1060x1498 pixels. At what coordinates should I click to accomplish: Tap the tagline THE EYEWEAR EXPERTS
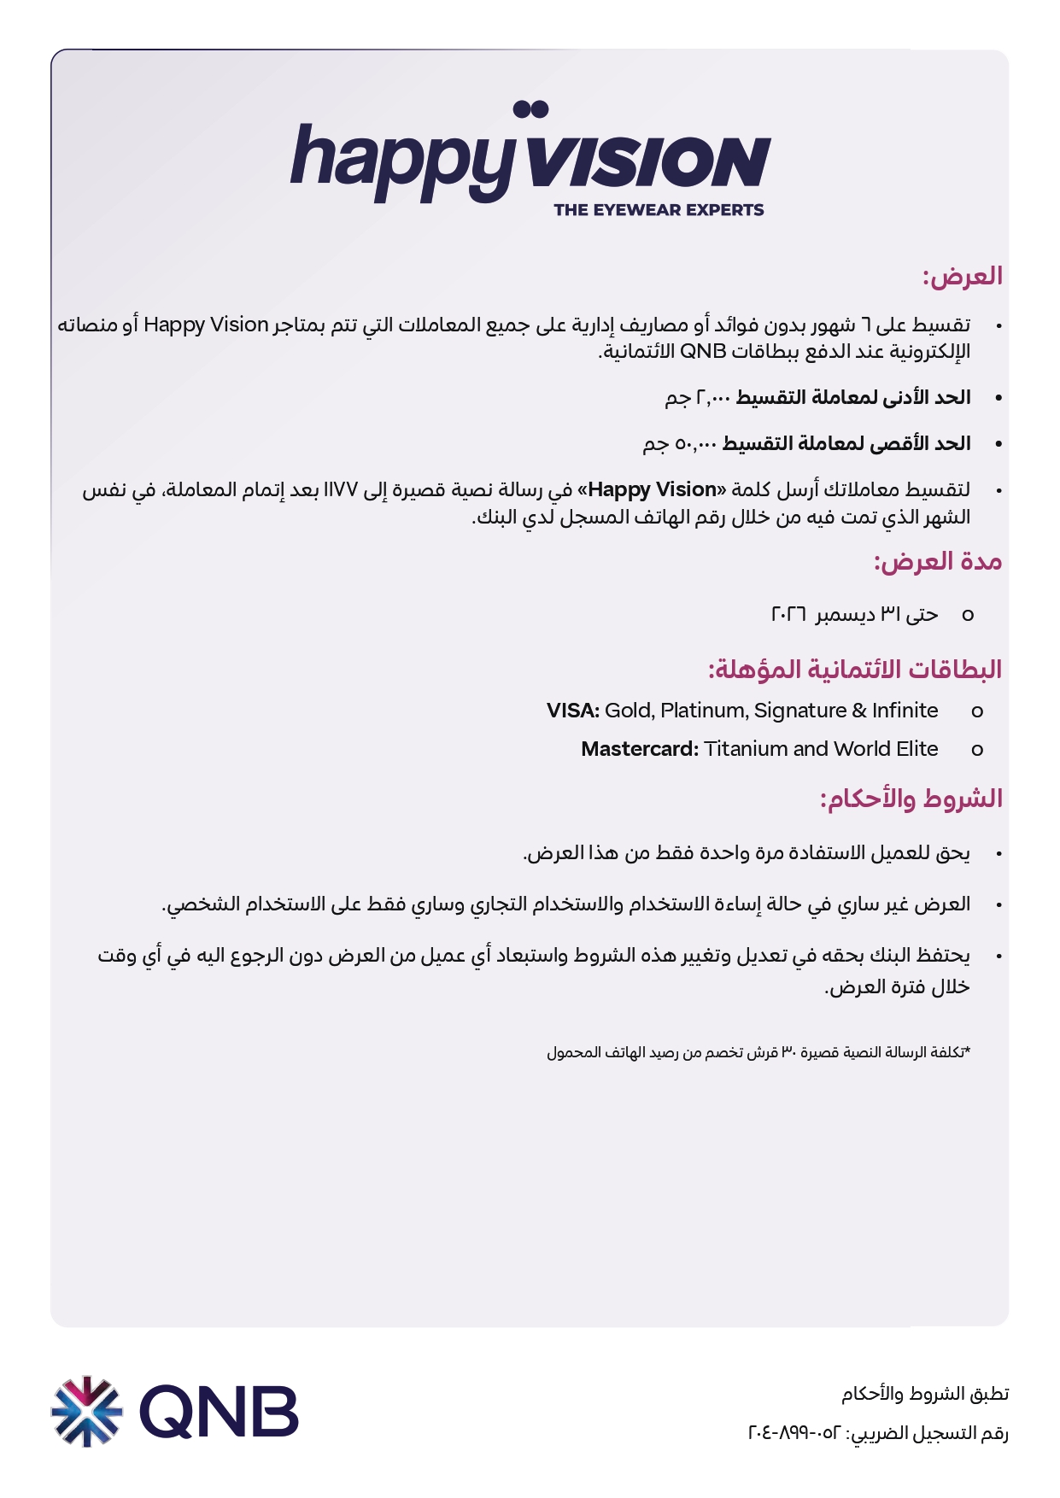click(x=659, y=210)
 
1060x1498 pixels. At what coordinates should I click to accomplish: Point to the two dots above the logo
click(x=530, y=109)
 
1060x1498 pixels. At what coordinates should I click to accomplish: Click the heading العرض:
click(x=962, y=277)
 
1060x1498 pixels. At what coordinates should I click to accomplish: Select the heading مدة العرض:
click(x=937, y=562)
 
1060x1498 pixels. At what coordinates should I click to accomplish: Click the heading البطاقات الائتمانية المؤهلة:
click(x=854, y=670)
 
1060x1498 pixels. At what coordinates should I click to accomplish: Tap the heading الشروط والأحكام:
click(x=911, y=799)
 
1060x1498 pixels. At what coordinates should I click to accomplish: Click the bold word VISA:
click(x=572, y=711)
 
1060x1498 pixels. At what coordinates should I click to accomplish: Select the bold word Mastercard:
click(x=640, y=749)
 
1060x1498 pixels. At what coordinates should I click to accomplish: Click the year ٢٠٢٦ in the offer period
click(x=788, y=615)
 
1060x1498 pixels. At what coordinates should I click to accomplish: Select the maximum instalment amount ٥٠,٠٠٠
click(x=696, y=444)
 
